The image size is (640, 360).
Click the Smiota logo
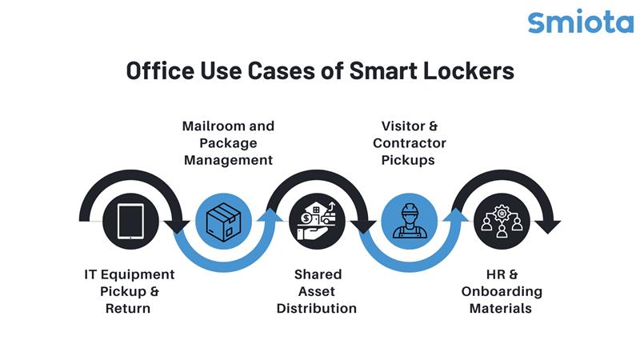click(x=580, y=21)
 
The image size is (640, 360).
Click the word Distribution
click(x=317, y=308)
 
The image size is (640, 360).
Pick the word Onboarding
click(x=502, y=291)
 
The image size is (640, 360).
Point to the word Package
click(x=228, y=143)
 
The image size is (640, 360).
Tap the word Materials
click(x=502, y=308)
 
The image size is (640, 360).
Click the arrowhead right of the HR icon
click(x=546, y=226)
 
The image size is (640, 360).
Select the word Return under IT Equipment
click(x=128, y=308)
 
